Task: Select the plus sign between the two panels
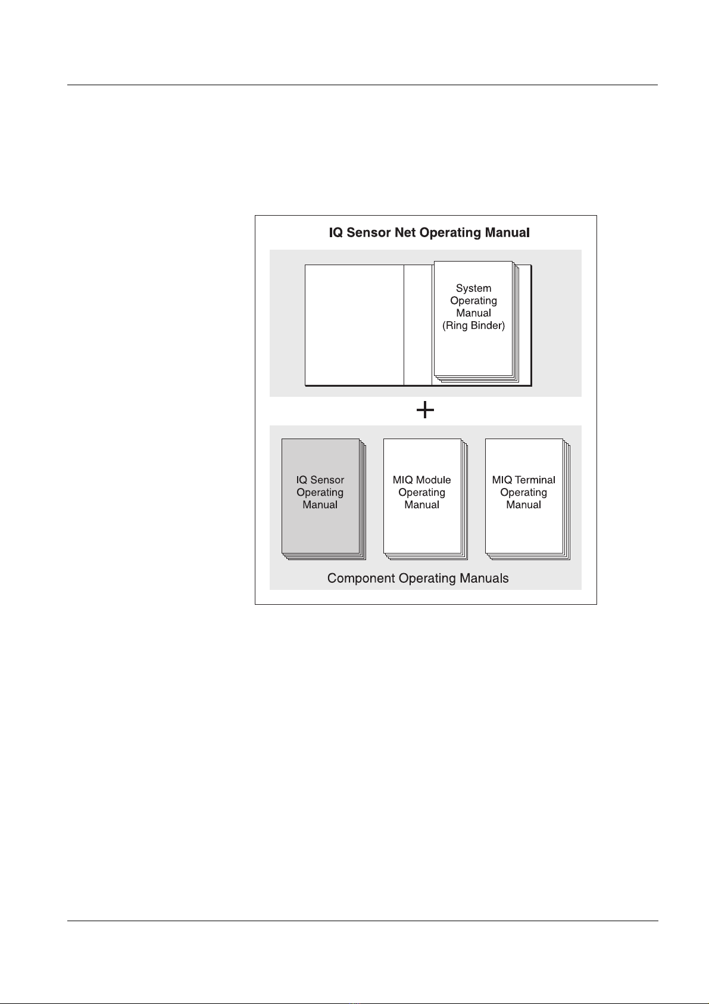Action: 425,410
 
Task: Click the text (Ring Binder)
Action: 473,326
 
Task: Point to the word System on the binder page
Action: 473,288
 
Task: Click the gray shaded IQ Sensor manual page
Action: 320,496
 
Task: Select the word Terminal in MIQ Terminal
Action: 535,480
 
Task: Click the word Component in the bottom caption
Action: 361,578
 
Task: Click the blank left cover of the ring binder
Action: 354,325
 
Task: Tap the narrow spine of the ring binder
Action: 418,325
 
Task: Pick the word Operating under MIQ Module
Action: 422,493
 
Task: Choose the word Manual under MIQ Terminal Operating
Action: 524,505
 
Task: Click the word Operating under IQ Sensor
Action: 320,493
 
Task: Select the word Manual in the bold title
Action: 508,232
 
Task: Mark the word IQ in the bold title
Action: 336,232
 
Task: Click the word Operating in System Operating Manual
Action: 473,301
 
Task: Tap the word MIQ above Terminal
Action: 502,480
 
